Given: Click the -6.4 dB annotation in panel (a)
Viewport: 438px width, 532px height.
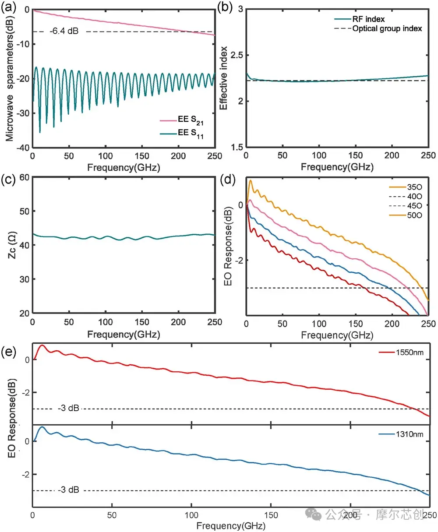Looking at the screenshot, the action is point(64,31).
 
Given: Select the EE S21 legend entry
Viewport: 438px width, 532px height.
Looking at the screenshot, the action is point(182,120).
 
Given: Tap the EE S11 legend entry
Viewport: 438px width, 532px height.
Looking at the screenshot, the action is point(182,134).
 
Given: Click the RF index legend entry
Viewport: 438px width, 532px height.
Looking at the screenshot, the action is point(360,19).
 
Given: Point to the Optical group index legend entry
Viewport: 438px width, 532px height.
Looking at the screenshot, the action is point(378,28).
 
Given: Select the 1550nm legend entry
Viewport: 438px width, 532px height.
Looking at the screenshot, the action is point(401,352).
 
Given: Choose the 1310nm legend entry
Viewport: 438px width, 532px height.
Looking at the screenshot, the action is point(401,434).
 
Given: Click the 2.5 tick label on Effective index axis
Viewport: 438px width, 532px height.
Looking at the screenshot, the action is point(237,55).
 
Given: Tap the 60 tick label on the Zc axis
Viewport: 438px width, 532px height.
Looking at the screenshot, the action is point(24,178).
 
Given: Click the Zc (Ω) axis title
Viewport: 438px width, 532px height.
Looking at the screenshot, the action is point(12,245).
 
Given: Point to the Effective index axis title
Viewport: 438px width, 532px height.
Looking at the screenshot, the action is point(223,78).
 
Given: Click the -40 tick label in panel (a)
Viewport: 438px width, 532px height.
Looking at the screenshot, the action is point(23,148).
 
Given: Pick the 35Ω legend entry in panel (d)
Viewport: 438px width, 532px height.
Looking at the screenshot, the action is point(406,187).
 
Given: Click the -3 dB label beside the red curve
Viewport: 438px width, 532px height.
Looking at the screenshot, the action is point(69,408).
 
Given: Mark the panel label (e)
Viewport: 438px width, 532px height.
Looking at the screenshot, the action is point(9,352).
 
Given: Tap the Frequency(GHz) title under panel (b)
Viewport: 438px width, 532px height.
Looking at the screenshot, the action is point(337,167).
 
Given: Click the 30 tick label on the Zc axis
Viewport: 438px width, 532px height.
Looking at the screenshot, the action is point(24,279).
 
